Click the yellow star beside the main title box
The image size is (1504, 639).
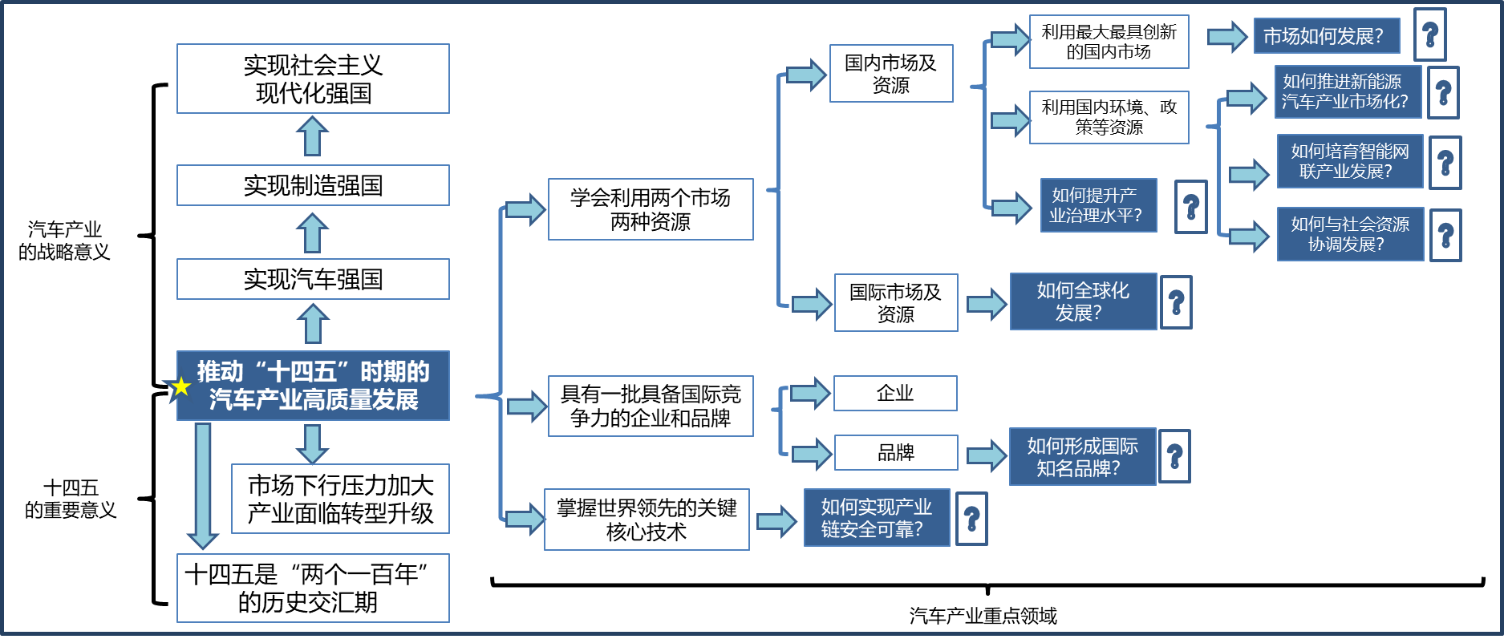pyautogui.click(x=181, y=386)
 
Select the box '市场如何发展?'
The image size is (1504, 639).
pyautogui.click(x=1327, y=36)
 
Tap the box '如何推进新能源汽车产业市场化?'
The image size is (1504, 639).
pyautogui.click(x=1348, y=92)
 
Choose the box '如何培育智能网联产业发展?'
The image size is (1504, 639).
pyautogui.click(x=1350, y=161)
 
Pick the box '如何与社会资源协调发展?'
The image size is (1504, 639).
pyautogui.click(x=1350, y=234)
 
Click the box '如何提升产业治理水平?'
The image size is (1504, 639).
pyautogui.click(x=1098, y=205)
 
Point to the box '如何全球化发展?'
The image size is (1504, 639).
pyautogui.click(x=1083, y=301)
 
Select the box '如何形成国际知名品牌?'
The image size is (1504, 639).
pyautogui.click(x=1082, y=457)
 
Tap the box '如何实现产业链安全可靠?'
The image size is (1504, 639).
pyautogui.click(x=877, y=518)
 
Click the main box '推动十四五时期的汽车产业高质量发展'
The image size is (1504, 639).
pyautogui.click(x=313, y=386)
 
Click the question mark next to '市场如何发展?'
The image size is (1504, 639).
pyautogui.click(x=1429, y=35)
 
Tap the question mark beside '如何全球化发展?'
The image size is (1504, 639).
pyautogui.click(x=1176, y=302)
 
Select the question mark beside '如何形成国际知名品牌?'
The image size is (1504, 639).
pyautogui.click(x=1174, y=457)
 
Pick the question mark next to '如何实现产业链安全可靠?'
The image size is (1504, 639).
pyautogui.click(x=972, y=520)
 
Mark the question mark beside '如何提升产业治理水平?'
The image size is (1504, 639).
pyautogui.click(x=1191, y=207)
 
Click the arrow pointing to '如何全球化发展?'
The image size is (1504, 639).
pyautogui.click(x=987, y=304)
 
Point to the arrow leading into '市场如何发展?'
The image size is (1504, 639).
pyautogui.click(x=1227, y=36)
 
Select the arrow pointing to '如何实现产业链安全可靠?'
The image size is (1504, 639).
pyautogui.click(x=776, y=522)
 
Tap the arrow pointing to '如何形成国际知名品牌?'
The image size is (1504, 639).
pyautogui.click(x=987, y=456)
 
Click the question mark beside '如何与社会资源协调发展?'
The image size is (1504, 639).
pyautogui.click(x=1445, y=236)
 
